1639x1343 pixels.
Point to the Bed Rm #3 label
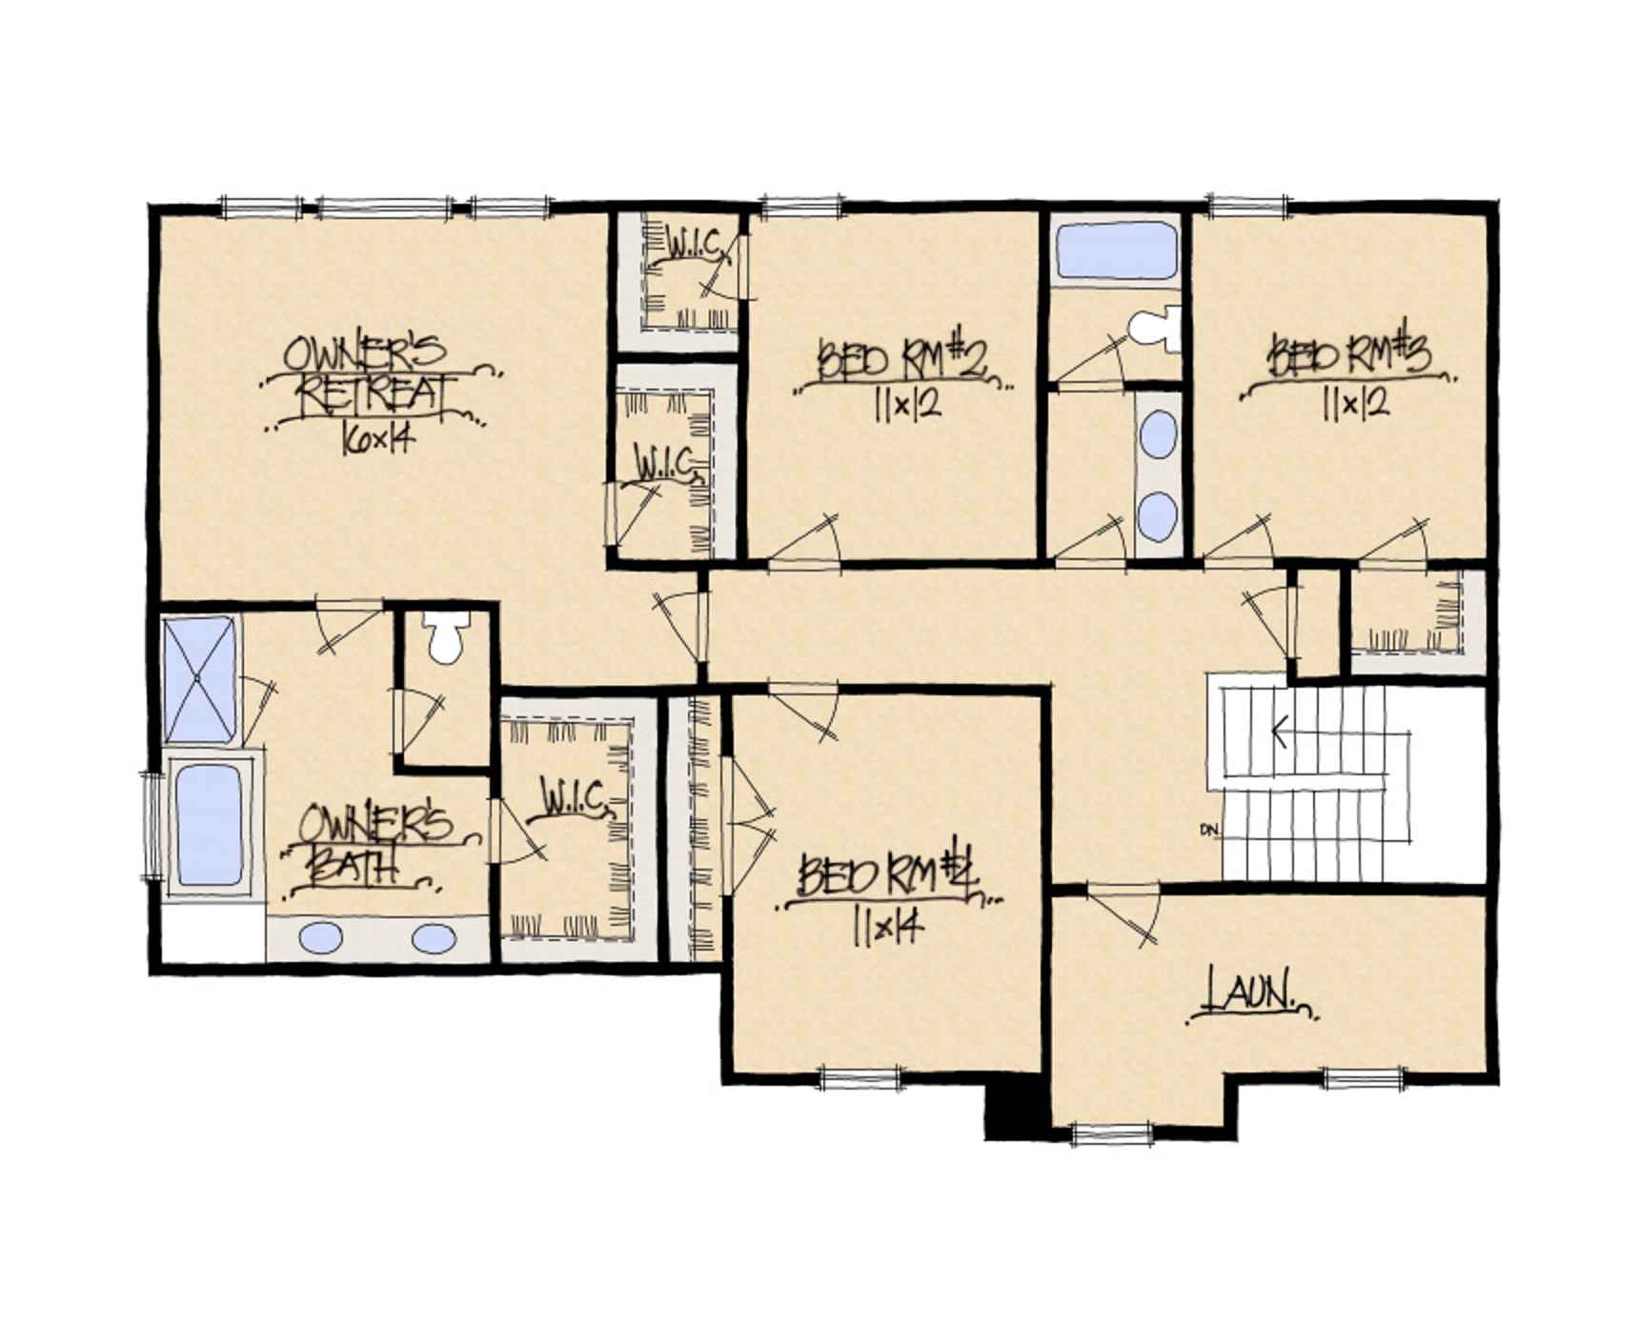pos(1349,357)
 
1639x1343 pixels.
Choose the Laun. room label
pos(1251,993)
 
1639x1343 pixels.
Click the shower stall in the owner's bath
pos(199,678)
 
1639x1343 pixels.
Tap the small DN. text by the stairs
pos(1210,830)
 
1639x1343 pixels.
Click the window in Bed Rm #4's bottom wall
pos(860,1078)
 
